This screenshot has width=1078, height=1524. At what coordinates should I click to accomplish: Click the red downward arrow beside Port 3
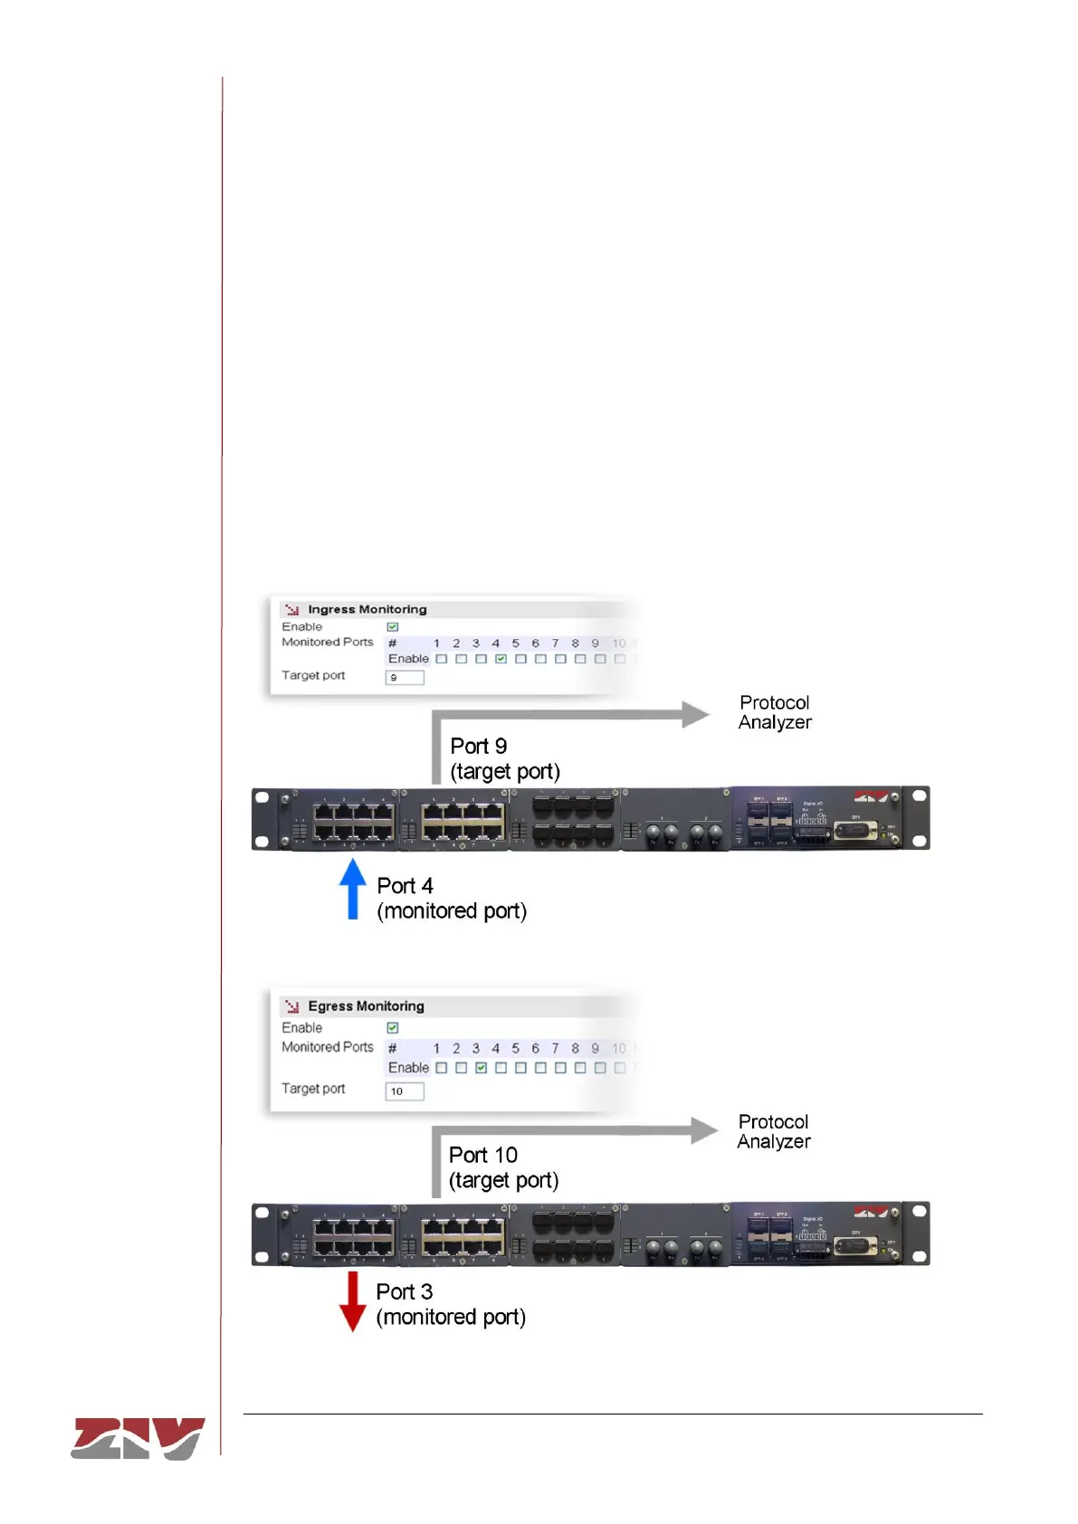point(352,1301)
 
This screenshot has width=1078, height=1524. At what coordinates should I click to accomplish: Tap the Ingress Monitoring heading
point(367,610)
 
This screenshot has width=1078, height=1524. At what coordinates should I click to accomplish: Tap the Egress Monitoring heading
point(366,1006)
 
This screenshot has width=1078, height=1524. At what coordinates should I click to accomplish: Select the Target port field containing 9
point(405,677)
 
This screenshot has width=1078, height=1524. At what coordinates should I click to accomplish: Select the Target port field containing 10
point(405,1091)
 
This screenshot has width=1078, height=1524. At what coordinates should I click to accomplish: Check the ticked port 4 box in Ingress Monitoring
point(501,659)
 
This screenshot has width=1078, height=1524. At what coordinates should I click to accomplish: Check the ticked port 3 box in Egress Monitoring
point(481,1068)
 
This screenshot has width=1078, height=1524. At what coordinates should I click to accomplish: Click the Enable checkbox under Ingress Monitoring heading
point(393,626)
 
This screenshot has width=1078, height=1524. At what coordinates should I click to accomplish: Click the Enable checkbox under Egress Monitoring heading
point(393,1028)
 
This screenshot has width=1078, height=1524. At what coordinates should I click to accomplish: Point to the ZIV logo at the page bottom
point(138,1438)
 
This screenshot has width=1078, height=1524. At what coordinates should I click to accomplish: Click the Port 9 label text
point(479,747)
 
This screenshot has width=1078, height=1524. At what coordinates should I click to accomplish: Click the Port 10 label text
point(483,1156)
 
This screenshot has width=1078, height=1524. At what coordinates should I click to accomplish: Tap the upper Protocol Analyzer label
point(775,712)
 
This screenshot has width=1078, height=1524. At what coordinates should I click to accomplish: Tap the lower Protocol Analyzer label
point(774,1131)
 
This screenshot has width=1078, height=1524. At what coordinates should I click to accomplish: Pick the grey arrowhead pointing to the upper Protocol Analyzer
point(695,714)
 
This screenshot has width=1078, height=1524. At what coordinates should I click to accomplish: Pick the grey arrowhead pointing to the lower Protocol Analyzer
point(704,1130)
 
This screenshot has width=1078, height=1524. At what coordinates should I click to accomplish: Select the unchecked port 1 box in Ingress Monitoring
point(442,659)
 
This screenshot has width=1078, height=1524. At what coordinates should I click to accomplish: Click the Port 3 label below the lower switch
point(405,1291)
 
